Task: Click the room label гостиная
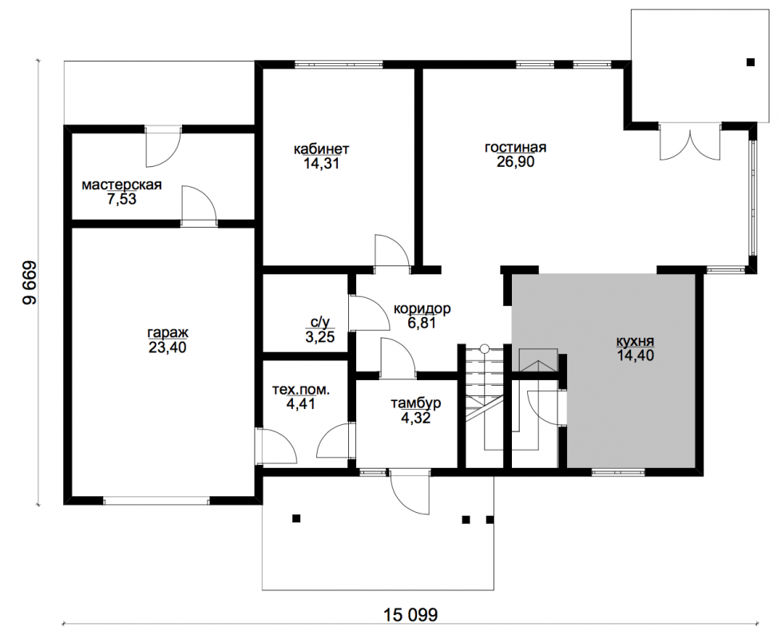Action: tap(516, 148)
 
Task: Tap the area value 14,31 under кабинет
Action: tap(321, 164)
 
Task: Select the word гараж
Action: tap(168, 333)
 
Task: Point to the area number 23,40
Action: tap(168, 347)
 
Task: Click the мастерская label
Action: tap(121, 185)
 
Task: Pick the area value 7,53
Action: tap(121, 199)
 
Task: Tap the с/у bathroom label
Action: tap(319, 322)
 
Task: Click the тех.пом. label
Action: tap(301, 390)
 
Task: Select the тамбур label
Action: tap(416, 403)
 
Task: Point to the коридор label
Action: tap(422, 309)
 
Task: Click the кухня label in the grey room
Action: tap(635, 342)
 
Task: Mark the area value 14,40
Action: tap(635, 355)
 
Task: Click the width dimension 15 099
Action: tap(411, 614)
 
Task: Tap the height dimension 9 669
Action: tap(30, 283)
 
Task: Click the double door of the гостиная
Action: tap(690, 145)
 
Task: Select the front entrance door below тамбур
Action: tap(410, 491)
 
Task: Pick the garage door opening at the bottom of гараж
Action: tap(157, 500)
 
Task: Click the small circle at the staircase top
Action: tap(484, 349)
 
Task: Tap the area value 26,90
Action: tap(516, 162)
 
